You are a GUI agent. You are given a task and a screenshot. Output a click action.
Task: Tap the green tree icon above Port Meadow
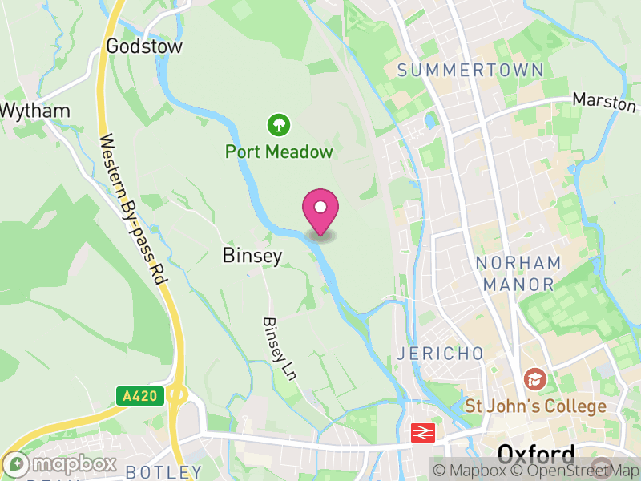(278, 124)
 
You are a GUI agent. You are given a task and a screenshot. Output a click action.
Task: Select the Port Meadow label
(278, 152)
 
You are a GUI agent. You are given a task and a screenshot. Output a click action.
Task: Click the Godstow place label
(144, 46)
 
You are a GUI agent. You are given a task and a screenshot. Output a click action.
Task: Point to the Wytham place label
(35, 111)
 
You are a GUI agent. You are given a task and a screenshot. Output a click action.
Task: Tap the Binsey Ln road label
(275, 348)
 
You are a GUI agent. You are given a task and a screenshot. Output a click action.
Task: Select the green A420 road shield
(140, 395)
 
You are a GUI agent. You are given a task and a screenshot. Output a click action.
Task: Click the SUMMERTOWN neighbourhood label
(470, 71)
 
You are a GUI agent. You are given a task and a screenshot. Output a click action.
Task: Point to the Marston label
(605, 103)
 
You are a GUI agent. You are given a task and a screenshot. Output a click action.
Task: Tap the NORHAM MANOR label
(518, 273)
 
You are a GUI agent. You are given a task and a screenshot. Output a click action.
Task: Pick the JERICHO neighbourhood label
(441, 354)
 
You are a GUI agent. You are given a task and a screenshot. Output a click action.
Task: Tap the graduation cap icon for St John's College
(532, 378)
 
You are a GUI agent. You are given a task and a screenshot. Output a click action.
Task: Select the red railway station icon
(420, 433)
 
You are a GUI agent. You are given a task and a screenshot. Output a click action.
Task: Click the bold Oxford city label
(536, 455)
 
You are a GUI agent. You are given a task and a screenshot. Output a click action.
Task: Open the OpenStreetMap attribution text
(569, 471)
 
